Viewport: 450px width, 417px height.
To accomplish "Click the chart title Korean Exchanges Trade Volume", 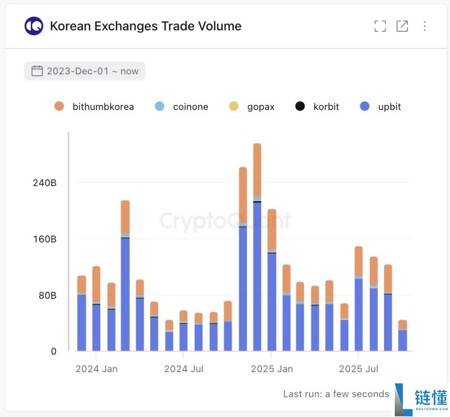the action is (x=145, y=26).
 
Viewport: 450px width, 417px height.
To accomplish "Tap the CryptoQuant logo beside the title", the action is (x=34, y=26).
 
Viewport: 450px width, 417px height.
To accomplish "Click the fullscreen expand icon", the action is (x=380, y=26).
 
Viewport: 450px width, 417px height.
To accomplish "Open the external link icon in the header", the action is (x=402, y=26).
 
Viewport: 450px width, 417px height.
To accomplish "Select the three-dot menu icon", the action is (x=425, y=26).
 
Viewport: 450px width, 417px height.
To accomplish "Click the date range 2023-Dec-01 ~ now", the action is (x=85, y=71).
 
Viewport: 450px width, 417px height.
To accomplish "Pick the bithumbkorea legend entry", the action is (x=94, y=107).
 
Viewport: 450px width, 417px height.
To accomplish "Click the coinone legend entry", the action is (x=181, y=107).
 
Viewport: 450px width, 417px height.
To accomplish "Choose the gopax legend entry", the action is (x=252, y=107).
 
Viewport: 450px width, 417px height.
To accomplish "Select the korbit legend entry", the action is (x=317, y=107).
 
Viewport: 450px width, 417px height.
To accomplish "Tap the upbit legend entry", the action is (x=380, y=107).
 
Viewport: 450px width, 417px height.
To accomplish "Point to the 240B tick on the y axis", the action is (x=45, y=183).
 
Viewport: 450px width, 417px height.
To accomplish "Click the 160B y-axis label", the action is (x=45, y=239).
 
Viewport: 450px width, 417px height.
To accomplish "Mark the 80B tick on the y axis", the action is (x=47, y=295).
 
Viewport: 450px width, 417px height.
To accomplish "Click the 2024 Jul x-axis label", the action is (x=184, y=369).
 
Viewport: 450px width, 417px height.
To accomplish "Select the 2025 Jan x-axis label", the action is (x=272, y=369).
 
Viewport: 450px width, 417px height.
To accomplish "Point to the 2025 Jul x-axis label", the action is (x=359, y=369).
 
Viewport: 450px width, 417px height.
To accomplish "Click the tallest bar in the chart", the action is (x=257, y=247).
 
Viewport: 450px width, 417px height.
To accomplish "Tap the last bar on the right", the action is (x=403, y=335).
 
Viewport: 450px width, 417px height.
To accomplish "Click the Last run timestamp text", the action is (x=336, y=394).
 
